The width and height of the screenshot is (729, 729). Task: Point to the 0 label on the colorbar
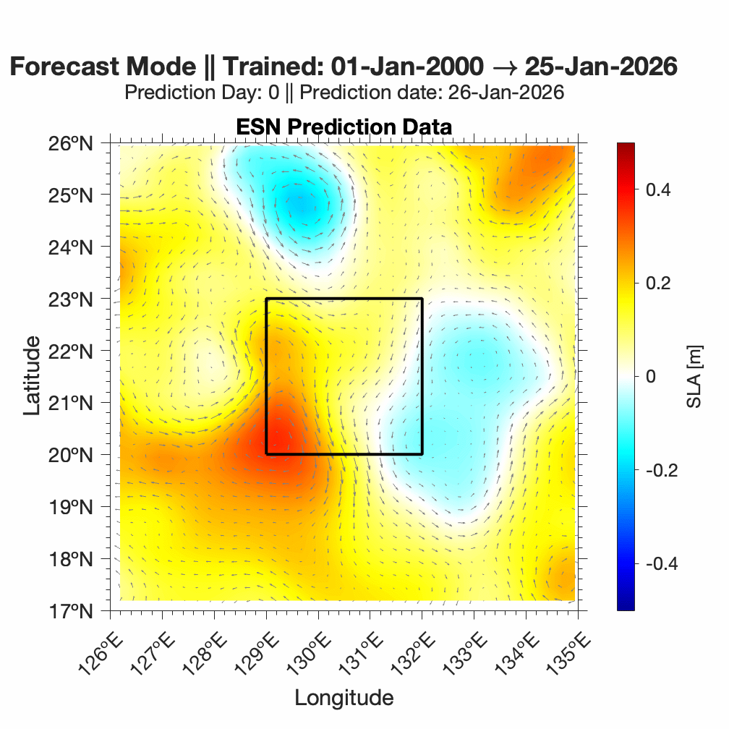coord(650,376)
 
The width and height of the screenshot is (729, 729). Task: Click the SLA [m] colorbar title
coord(694,376)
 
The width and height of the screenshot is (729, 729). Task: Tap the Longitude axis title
coord(344,698)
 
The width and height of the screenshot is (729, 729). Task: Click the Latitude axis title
coord(32,376)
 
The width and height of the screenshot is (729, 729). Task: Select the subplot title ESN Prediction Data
coord(344,127)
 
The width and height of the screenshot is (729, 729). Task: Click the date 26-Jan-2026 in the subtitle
coord(506,93)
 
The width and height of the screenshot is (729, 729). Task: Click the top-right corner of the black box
coord(422,299)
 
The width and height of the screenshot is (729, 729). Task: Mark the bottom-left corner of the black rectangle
coord(266,454)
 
